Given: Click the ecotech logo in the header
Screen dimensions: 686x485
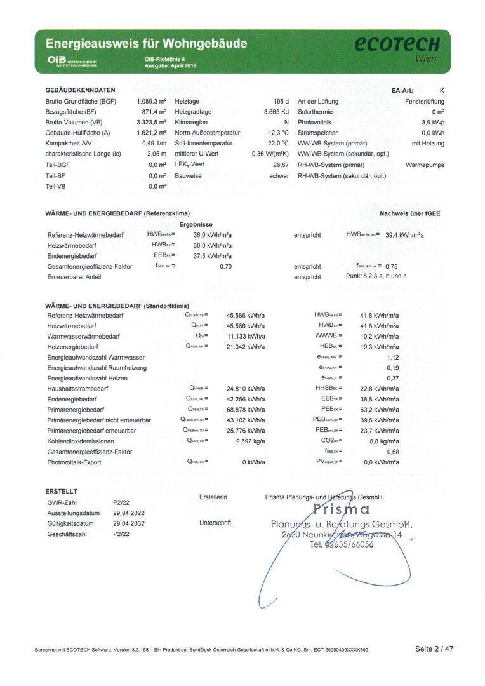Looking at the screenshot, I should pyautogui.click(x=397, y=44).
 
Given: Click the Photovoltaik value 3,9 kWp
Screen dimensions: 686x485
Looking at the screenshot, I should pyautogui.click(x=433, y=122).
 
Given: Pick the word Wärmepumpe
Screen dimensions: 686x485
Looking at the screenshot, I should pyautogui.click(x=425, y=165).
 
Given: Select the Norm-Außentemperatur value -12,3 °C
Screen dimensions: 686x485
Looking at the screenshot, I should pyautogui.click(x=277, y=133).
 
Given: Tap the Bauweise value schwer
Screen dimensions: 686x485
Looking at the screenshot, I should pyautogui.click(x=279, y=176).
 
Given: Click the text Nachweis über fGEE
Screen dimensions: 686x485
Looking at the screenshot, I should pyautogui.click(x=409, y=213).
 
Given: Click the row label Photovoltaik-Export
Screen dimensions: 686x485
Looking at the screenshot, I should pyautogui.click(x=74, y=462).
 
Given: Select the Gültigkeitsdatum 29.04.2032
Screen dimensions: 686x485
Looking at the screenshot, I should pyautogui.click(x=130, y=523).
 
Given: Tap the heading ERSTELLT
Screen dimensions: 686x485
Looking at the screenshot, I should pyautogui.click(x=62, y=492).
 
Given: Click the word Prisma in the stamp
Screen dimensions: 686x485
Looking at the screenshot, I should pyautogui.click(x=342, y=509).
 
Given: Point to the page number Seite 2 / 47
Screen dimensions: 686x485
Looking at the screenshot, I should pyautogui.click(x=435, y=649).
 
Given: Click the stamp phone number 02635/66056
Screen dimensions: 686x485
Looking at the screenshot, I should pyautogui.click(x=349, y=545).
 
